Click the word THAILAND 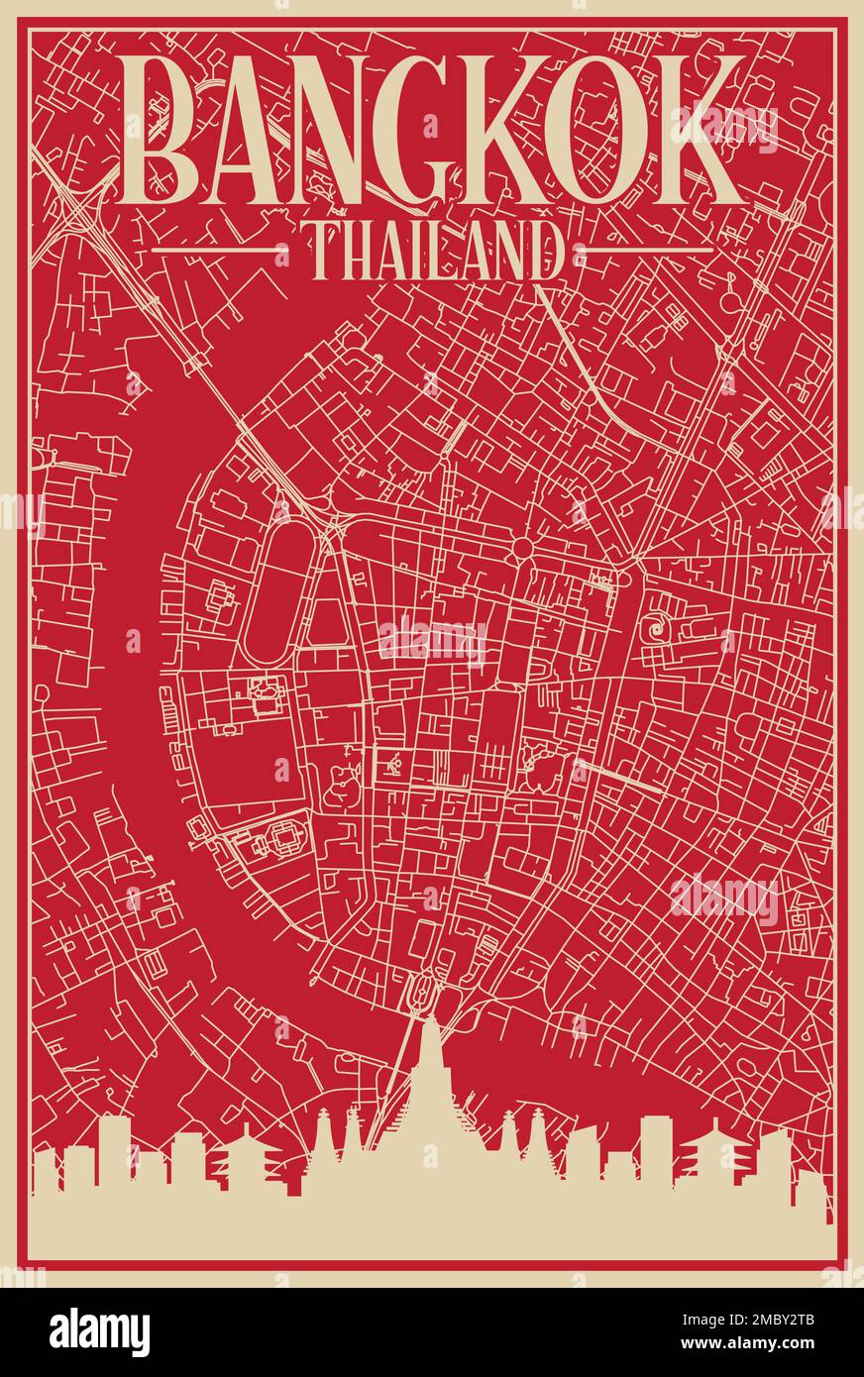coord(431,251)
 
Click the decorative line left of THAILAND coord(212,250)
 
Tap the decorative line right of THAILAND coord(649,250)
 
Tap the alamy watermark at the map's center coord(431,641)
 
